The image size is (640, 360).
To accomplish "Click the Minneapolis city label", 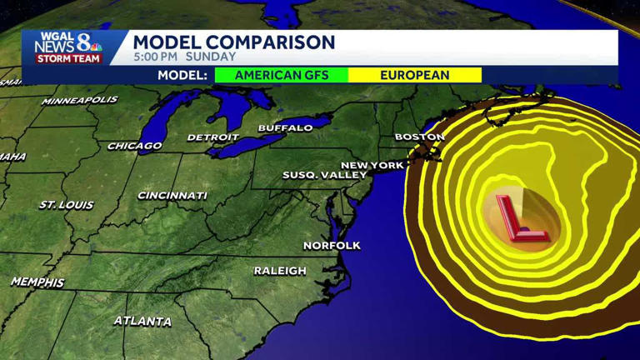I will click(x=80, y=101).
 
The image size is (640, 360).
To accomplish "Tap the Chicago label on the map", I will click(x=134, y=146).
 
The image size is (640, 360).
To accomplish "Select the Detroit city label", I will click(x=212, y=137).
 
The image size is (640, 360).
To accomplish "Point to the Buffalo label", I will click(x=285, y=127).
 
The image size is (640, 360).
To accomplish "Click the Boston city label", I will click(x=419, y=136).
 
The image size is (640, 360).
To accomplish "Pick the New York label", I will click(x=372, y=165).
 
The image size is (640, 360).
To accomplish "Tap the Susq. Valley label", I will click(x=324, y=175).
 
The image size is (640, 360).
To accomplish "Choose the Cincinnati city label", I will click(x=172, y=196).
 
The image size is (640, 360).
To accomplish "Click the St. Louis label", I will click(x=67, y=204).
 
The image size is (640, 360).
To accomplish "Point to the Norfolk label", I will click(x=332, y=245).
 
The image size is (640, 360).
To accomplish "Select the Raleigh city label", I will click(x=280, y=271).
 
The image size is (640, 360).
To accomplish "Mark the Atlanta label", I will click(x=142, y=321).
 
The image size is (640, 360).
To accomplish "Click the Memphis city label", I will click(x=37, y=282).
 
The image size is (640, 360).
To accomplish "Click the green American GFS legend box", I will click(x=281, y=75).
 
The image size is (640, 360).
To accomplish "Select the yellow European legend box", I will click(x=414, y=75).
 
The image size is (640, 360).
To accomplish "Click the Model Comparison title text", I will click(x=234, y=42).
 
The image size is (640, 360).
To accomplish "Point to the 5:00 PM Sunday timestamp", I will click(x=184, y=57).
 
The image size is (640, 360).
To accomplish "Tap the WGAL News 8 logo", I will click(x=68, y=47).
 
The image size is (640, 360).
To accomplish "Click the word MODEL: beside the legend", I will click(x=182, y=75).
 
